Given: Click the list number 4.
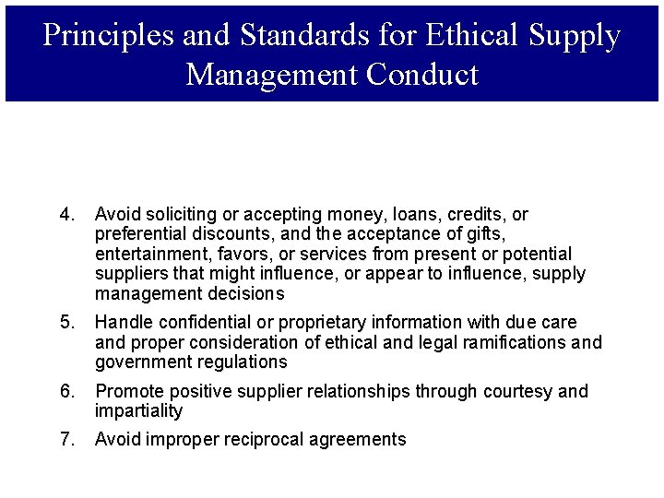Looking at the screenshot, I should click(x=65, y=215).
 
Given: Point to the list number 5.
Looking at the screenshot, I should click(x=65, y=323).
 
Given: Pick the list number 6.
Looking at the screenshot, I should click(x=65, y=392).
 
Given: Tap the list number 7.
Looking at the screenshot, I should click(x=65, y=440).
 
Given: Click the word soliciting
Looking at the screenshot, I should click(x=176, y=215).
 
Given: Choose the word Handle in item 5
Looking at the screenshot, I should click(x=124, y=323).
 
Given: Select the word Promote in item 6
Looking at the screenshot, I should click(x=127, y=392).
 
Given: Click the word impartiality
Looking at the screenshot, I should click(x=138, y=411).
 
